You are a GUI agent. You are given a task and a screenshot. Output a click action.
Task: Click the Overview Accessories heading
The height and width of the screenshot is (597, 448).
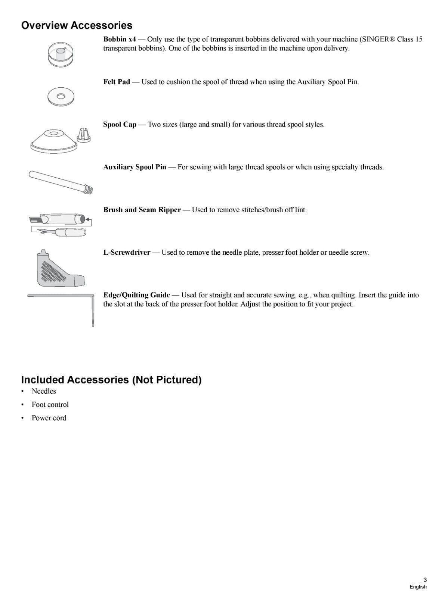(77, 25)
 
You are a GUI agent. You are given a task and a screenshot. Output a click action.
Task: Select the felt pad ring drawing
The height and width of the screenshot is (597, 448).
(61, 96)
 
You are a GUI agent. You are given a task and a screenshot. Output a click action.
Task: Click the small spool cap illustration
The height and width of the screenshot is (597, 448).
(83, 135)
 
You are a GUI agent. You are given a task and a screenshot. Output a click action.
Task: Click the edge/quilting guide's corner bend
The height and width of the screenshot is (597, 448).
(92, 296)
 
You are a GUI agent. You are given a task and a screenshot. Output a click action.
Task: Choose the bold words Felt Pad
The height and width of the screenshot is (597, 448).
(117, 82)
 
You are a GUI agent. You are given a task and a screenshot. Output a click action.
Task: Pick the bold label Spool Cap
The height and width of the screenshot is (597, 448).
(120, 124)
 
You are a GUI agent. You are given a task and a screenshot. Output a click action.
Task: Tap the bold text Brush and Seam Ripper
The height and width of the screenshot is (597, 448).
(142, 210)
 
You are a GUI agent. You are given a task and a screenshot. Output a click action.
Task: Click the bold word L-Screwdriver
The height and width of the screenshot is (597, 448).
(127, 252)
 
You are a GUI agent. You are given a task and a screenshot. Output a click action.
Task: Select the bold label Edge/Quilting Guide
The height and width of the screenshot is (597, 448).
(136, 295)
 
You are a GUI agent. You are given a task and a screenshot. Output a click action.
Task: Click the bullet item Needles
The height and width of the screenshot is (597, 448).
(44, 391)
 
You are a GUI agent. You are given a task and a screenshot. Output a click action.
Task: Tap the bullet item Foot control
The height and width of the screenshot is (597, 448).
(50, 404)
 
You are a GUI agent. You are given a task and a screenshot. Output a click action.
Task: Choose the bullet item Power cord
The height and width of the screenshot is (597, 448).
(49, 418)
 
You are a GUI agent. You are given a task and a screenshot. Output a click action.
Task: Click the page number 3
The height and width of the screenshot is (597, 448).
(425, 580)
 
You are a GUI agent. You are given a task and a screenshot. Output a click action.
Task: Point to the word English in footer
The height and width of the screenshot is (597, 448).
(418, 587)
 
